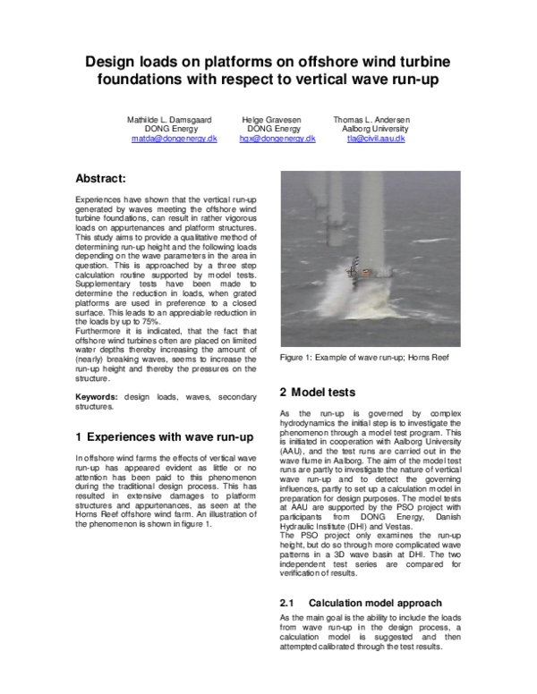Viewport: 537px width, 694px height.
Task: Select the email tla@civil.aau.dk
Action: (x=377, y=140)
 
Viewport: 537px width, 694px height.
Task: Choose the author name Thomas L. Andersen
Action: (x=371, y=119)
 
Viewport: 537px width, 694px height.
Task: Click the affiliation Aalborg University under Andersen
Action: (x=375, y=129)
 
